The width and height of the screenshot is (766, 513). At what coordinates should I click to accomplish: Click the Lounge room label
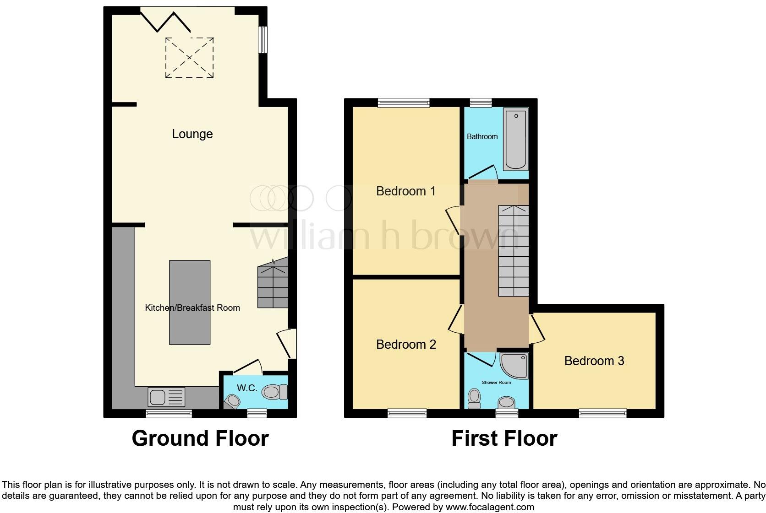(x=192, y=134)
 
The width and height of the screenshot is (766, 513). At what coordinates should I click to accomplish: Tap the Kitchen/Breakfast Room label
(x=192, y=308)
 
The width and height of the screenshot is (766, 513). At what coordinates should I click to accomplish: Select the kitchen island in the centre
(x=190, y=302)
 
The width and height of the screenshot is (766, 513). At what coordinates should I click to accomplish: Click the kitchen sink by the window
(x=166, y=397)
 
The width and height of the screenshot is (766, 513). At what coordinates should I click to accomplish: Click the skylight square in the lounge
(x=189, y=58)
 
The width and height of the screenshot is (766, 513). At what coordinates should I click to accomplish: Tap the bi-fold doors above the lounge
(x=165, y=20)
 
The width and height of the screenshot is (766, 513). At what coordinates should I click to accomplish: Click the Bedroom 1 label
(x=405, y=191)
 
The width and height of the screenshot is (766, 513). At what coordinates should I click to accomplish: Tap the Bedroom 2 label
(x=406, y=345)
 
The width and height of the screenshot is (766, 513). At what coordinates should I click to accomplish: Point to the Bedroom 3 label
(x=594, y=361)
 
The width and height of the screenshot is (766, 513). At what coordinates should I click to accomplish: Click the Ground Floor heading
(x=200, y=438)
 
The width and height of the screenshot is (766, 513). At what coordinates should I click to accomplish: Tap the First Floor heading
(x=504, y=438)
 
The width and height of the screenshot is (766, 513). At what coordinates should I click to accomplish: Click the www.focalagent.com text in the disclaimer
(x=490, y=507)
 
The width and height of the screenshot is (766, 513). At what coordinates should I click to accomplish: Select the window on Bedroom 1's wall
(x=404, y=103)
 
